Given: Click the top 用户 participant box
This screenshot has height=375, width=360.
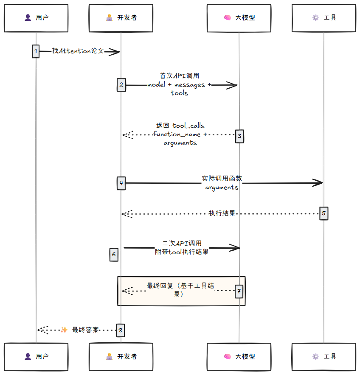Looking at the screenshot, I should [x=36, y=18].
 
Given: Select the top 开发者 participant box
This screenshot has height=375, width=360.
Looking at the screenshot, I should [x=121, y=18].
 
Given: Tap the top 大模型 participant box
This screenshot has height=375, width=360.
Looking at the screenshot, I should [x=239, y=18].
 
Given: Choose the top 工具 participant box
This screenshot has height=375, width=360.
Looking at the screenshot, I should [x=324, y=18].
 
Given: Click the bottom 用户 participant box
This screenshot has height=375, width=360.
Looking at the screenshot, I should [x=36, y=357].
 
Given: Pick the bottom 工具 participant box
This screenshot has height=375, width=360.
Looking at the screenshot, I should [x=324, y=357].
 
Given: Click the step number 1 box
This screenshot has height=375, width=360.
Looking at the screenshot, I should [x=36, y=51].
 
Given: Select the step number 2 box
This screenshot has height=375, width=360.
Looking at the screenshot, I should [x=121, y=85].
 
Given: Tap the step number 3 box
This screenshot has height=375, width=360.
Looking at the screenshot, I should [x=239, y=136].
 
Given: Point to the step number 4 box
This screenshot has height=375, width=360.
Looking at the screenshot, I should [x=121, y=183].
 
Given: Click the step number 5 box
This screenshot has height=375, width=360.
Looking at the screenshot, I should [x=323, y=213].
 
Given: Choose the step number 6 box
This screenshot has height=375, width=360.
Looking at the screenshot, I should [x=114, y=255].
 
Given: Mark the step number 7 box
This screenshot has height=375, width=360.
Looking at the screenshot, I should [x=239, y=291].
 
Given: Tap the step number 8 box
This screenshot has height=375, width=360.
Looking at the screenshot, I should [x=121, y=330].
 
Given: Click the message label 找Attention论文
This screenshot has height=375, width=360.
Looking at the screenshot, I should [x=78, y=51].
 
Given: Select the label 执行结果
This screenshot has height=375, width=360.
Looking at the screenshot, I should [x=222, y=213].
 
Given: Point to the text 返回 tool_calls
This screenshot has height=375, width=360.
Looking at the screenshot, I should [x=180, y=126].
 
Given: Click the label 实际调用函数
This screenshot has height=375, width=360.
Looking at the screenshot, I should [x=222, y=179].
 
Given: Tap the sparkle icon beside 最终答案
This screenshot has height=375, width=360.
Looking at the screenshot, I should [x=64, y=330].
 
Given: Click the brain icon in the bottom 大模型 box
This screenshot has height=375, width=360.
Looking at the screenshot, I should [x=227, y=357].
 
